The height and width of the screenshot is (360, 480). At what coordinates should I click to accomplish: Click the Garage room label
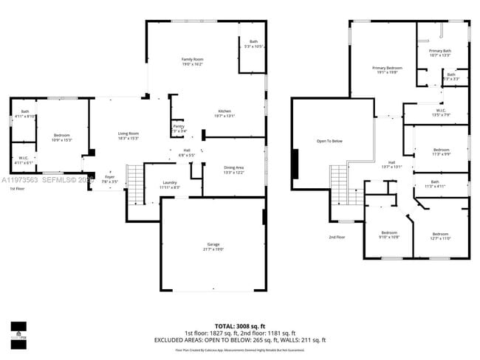click(213, 246)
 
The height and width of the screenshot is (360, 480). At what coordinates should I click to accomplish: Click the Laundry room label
click(169, 184)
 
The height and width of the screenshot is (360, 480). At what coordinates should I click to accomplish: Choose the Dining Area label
click(233, 169)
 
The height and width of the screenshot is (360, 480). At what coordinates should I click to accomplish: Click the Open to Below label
click(329, 141)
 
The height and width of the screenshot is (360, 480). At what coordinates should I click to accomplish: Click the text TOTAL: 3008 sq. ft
click(239, 325)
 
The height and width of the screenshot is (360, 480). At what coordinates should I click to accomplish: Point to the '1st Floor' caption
click(17, 190)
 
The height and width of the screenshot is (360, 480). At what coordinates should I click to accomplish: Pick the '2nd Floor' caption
click(337, 237)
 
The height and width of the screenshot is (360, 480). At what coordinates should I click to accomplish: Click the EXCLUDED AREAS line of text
click(239, 339)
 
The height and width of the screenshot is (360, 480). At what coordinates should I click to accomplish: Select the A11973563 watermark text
click(21, 179)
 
